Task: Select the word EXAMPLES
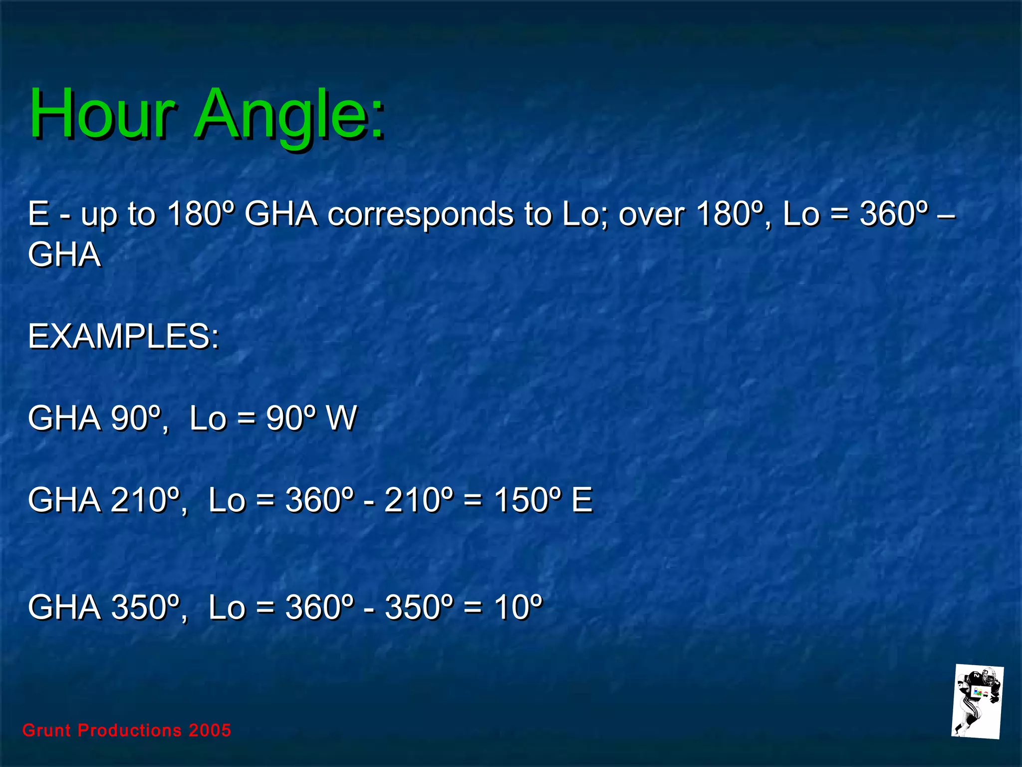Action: point(123,337)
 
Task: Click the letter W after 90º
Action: point(341,418)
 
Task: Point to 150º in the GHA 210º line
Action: point(528,500)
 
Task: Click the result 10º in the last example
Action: point(518,608)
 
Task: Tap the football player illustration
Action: point(977,702)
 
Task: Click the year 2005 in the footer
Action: point(210,731)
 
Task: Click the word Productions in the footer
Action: point(130,731)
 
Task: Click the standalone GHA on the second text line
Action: point(64,255)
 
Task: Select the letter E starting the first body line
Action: point(38,214)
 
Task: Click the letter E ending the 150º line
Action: point(582,500)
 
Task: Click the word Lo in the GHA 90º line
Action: point(208,418)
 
